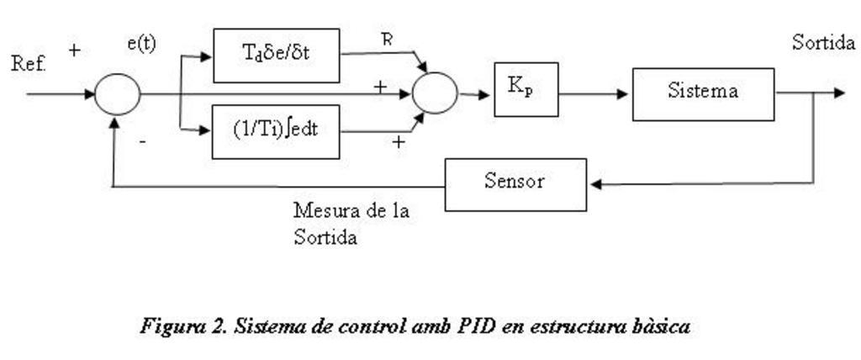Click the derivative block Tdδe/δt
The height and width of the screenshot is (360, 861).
(x=276, y=56)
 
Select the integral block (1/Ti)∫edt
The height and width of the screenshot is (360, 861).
(x=276, y=131)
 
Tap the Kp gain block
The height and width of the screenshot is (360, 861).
(x=526, y=89)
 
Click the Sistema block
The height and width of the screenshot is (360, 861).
(x=703, y=93)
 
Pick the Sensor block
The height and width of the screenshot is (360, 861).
(x=515, y=183)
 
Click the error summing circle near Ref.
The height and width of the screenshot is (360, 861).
(x=117, y=93)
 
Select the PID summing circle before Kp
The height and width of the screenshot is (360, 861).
(x=435, y=93)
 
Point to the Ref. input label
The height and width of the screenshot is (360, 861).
(x=29, y=64)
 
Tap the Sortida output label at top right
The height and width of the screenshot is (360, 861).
(x=824, y=44)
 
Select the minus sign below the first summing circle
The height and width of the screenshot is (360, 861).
(x=142, y=143)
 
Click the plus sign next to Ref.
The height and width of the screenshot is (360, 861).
(x=74, y=50)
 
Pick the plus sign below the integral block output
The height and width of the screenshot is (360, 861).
(x=398, y=143)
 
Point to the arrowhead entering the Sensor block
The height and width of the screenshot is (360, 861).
(x=594, y=183)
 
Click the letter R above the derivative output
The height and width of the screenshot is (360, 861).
(x=387, y=39)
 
